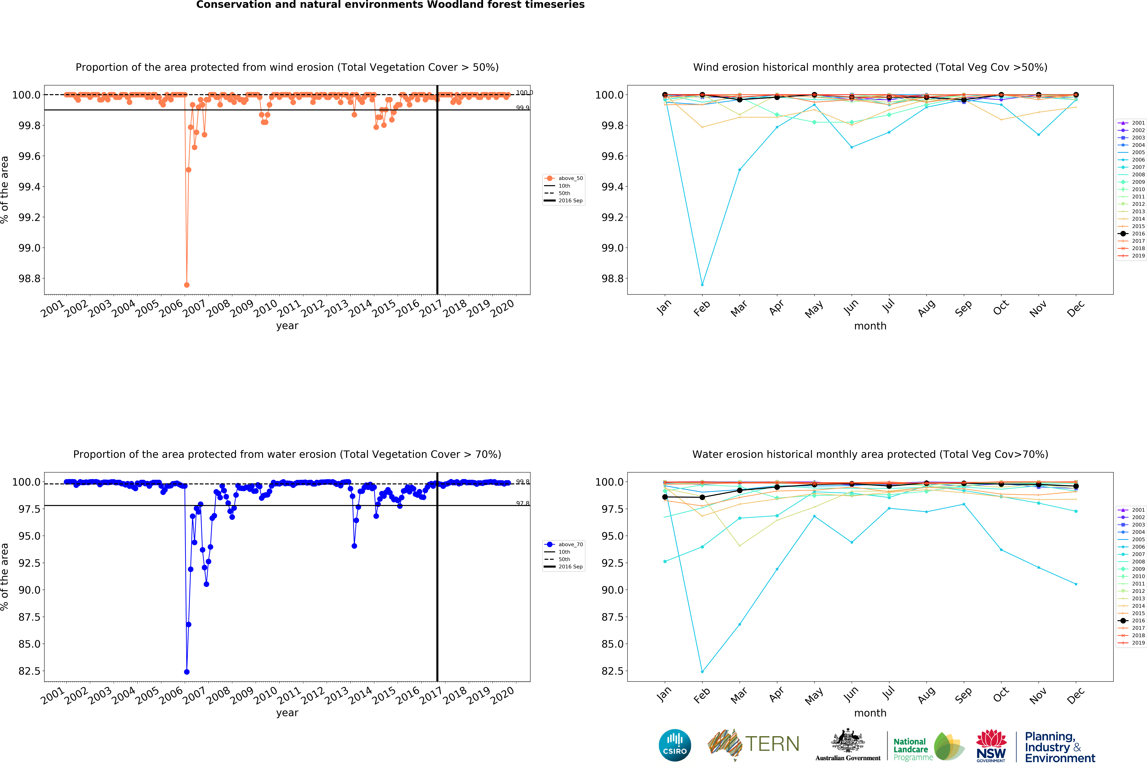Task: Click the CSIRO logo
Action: point(675,745)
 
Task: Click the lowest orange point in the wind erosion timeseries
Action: point(187,285)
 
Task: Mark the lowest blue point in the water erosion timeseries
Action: point(187,672)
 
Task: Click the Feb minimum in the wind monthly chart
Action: point(702,285)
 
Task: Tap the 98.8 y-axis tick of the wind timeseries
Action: point(29,278)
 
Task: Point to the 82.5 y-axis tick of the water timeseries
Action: point(29,671)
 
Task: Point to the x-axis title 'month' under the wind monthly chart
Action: point(870,326)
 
